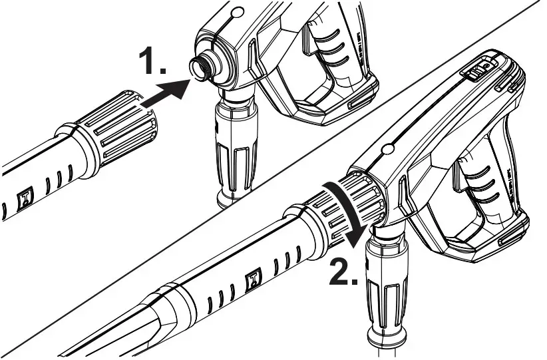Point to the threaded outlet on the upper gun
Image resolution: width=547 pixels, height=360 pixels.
[200, 67]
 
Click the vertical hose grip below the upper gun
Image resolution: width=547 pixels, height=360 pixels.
[232, 147]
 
